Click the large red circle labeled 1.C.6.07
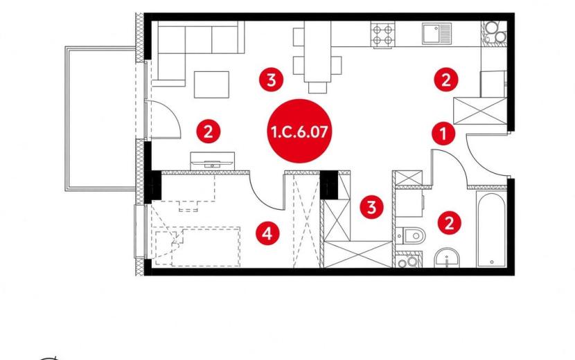click(299, 131)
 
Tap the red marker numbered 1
click(443, 134)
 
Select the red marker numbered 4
click(267, 233)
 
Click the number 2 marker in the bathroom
click(449, 222)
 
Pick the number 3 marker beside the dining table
click(271, 80)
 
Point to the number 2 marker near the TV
click(209, 132)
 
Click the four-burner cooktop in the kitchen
click(382, 35)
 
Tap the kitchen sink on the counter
click(436, 33)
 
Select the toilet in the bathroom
click(410, 235)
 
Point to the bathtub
click(491, 229)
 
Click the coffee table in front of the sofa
click(211, 84)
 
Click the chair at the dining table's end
click(317, 88)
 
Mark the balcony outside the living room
click(101, 118)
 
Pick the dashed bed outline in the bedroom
click(197, 246)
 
